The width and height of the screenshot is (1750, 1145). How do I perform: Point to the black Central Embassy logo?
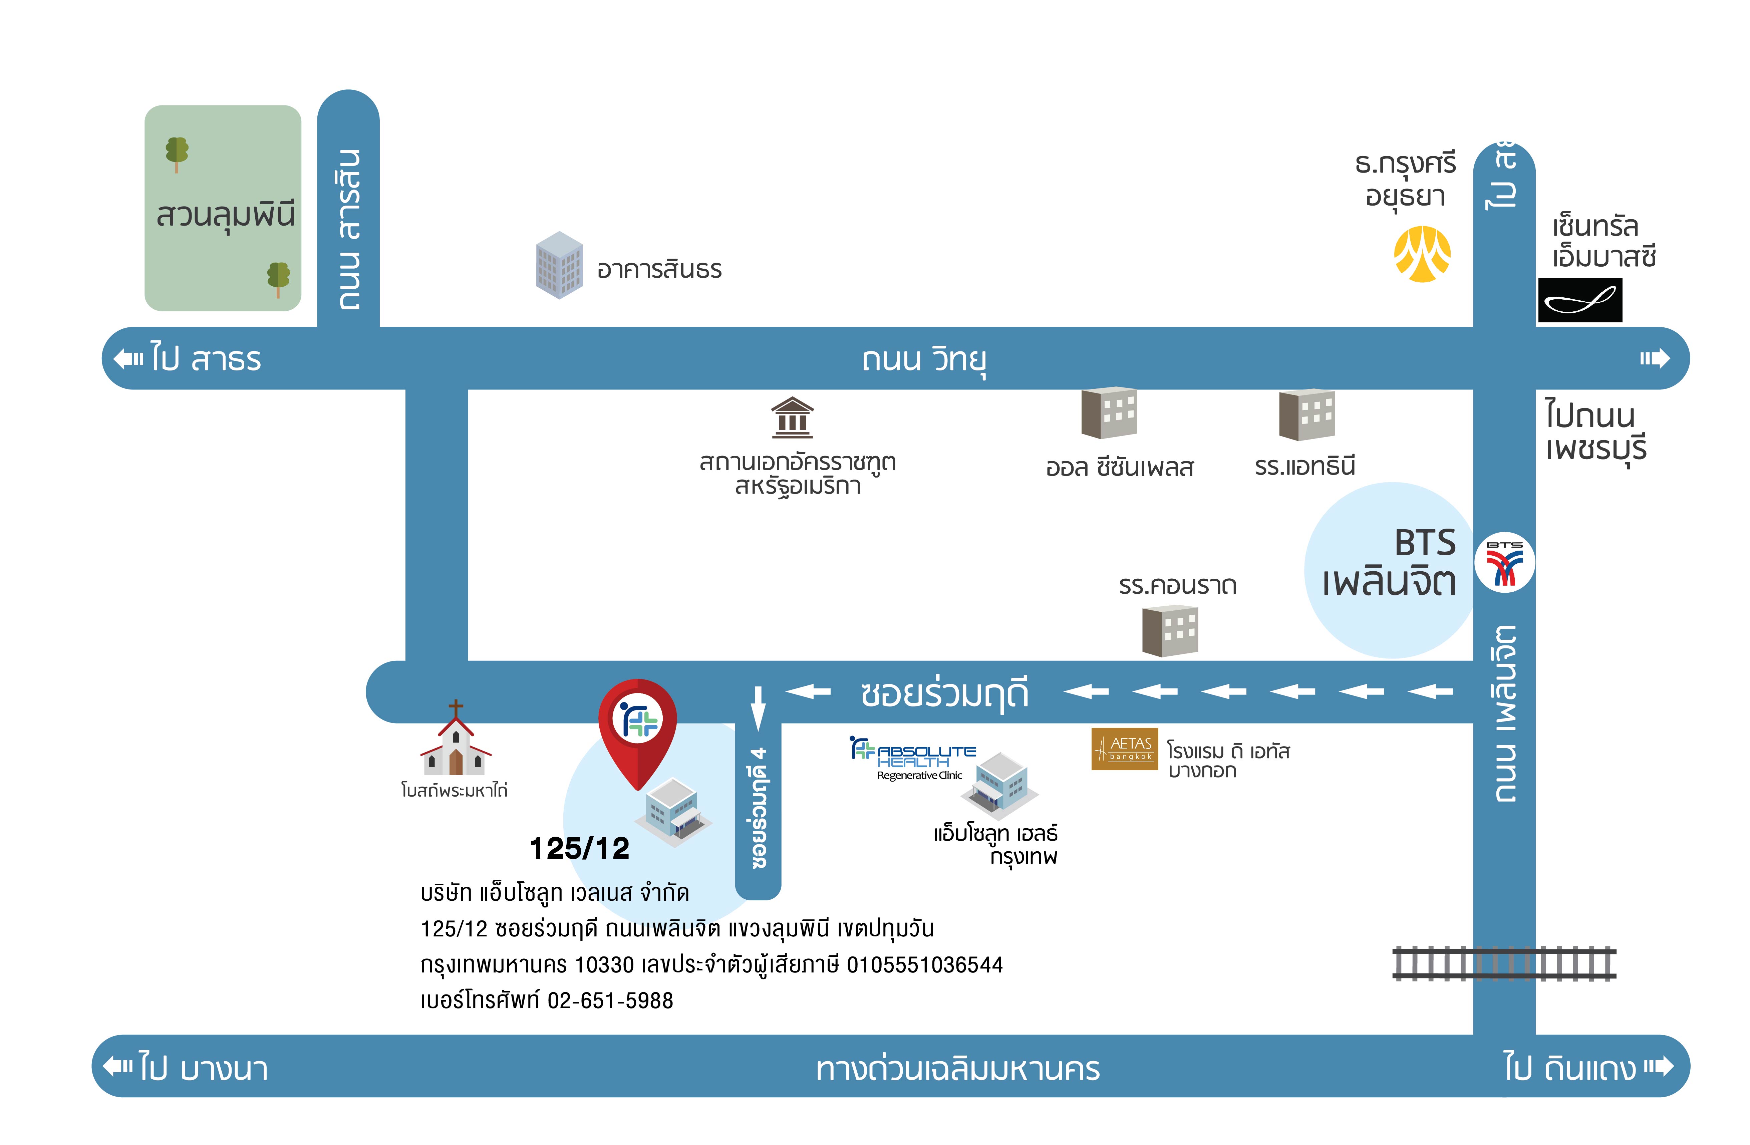coord(1579,300)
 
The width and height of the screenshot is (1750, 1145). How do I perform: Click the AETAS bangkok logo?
coord(1124,749)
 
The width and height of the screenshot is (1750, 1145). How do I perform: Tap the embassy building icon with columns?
coord(792,418)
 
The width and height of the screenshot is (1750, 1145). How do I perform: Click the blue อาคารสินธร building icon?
coord(560,265)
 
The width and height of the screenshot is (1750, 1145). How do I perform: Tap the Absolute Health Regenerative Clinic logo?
coord(912,758)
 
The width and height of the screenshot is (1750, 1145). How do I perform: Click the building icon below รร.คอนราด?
coord(1170,630)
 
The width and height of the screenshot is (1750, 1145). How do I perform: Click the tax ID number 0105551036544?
coord(925,965)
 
